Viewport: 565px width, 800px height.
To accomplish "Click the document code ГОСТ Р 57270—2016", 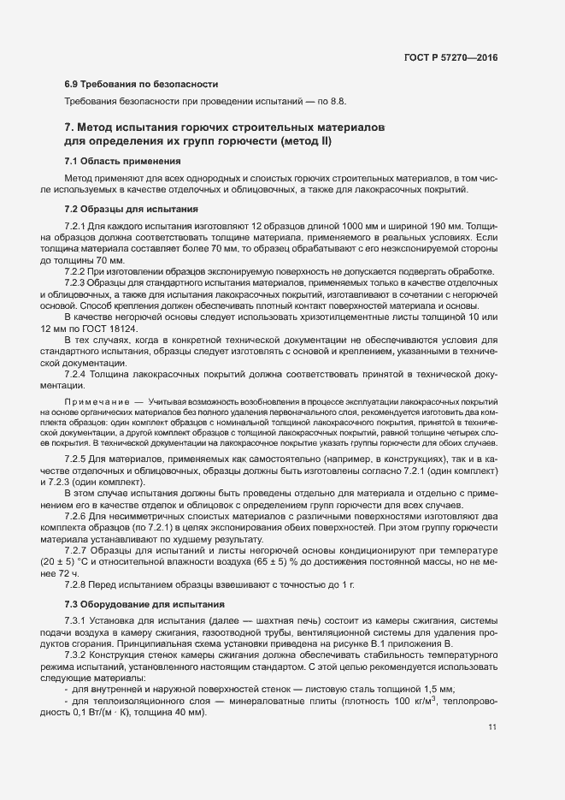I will pos(452,56).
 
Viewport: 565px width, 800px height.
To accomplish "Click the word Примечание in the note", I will pos(93,401).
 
